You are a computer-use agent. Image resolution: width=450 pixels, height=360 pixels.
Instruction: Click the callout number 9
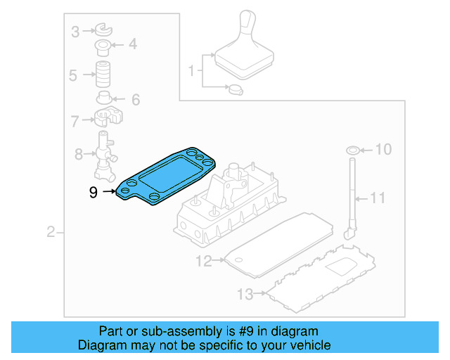[x=94, y=191]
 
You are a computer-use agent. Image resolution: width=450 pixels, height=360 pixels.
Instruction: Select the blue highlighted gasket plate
[x=166, y=174]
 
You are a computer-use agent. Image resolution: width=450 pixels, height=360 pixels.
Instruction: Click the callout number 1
[x=191, y=70]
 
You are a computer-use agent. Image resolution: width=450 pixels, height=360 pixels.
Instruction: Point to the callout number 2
[x=50, y=232]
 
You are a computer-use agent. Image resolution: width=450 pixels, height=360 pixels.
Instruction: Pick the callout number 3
[x=75, y=30]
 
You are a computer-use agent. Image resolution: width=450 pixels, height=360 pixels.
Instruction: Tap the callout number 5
[x=72, y=75]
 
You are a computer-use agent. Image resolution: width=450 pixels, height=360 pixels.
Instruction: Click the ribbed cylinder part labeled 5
[x=105, y=73]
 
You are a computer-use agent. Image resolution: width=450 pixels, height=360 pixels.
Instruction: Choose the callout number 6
[x=135, y=99]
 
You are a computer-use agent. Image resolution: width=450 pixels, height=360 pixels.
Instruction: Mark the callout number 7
[x=75, y=121]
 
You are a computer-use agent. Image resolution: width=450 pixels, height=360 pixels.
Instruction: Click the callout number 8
[x=79, y=153]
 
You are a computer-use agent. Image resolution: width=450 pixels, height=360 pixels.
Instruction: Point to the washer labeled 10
[x=352, y=150]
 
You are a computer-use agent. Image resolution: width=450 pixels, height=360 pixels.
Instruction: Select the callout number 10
[x=383, y=150]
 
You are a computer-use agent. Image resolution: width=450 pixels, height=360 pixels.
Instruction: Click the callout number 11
[x=378, y=198]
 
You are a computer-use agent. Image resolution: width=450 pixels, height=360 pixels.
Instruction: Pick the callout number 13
[x=244, y=293]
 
